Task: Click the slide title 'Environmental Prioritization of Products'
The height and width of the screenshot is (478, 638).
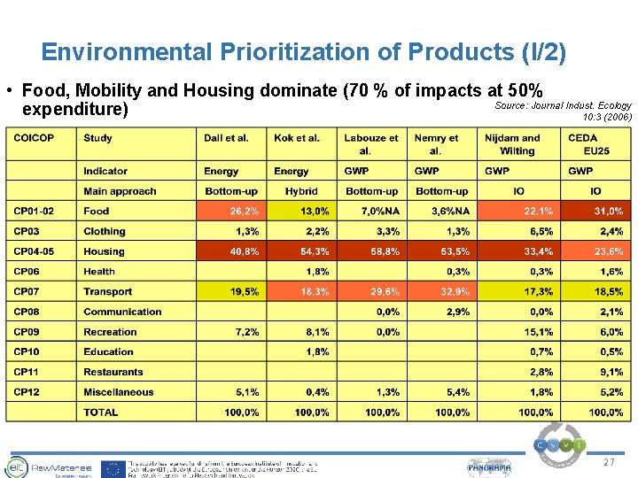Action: point(303,52)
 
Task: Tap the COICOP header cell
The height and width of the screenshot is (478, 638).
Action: point(34,138)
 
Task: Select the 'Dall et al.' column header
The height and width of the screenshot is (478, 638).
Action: point(226,138)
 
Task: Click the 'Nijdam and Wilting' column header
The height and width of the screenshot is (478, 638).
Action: point(511,144)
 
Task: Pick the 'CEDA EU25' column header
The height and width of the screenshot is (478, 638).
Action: point(582,144)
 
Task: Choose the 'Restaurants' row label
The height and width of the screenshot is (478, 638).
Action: point(113,372)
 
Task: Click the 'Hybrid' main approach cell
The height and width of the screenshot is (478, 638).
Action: point(301,191)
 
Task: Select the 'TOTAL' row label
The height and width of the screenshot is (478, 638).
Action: point(101,412)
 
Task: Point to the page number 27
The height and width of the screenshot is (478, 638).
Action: point(608,463)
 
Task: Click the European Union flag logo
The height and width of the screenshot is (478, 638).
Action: point(113,468)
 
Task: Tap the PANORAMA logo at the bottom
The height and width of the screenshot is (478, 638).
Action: point(489,467)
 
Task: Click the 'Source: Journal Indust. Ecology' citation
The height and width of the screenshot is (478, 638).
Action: point(562,105)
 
